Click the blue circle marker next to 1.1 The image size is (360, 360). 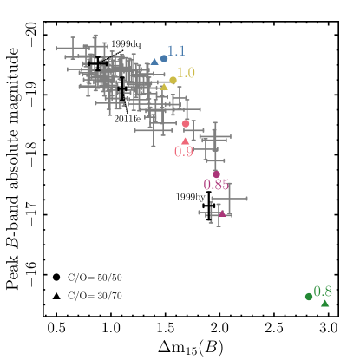pyautogui.click(x=164, y=59)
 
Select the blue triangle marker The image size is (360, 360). pyautogui.click(x=154, y=62)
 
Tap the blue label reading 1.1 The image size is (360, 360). pyautogui.click(x=176, y=51)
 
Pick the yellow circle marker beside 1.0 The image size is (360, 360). pyautogui.click(x=173, y=81)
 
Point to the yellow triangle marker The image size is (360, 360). pyautogui.click(x=163, y=87)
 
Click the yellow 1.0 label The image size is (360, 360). pyautogui.click(x=186, y=73)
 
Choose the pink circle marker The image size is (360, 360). pyautogui.click(x=186, y=124)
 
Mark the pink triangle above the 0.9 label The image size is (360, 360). pyautogui.click(x=185, y=141)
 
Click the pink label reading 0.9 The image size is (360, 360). pyautogui.click(x=184, y=152)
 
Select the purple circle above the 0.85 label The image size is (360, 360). pyautogui.click(x=216, y=174)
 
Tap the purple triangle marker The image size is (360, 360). pyautogui.click(x=221, y=213)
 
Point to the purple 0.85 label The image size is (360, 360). pyautogui.click(x=216, y=185)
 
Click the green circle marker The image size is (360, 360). pyautogui.click(x=309, y=297)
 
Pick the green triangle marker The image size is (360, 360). pyautogui.click(x=324, y=303)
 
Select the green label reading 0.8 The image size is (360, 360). pyautogui.click(x=323, y=291)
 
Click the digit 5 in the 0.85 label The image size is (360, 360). pyautogui.click(x=226, y=185)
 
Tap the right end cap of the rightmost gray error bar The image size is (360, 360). pyautogui.click(x=247, y=199)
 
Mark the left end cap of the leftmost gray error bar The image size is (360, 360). pyautogui.click(x=57, y=48)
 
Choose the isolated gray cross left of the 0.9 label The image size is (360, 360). pyautogui.click(x=154, y=130)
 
